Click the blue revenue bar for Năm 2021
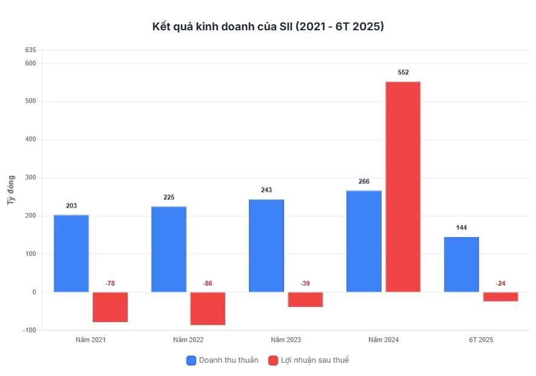pyautogui.click(x=71, y=253)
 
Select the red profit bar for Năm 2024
pyautogui.click(x=403, y=186)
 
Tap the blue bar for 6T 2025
pyautogui.click(x=461, y=264)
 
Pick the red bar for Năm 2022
pyautogui.click(x=208, y=308)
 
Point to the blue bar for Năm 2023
pyautogui.click(x=266, y=245)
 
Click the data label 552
pyautogui.click(x=403, y=73)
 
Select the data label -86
pyautogui.click(x=208, y=283)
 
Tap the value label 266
pyautogui.click(x=364, y=182)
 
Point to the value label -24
pyautogui.click(x=500, y=283)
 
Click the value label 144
pyautogui.click(x=462, y=228)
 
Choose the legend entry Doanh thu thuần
pyautogui.click(x=222, y=360)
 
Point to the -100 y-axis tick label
pyautogui.click(x=28, y=330)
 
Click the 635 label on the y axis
pyautogui.click(x=30, y=50)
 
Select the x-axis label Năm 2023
pyautogui.click(x=286, y=340)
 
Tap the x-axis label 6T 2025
pyautogui.click(x=481, y=340)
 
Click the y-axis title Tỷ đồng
pyautogui.click(x=11, y=190)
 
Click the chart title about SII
pyautogui.click(x=268, y=27)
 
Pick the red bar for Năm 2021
pyautogui.click(x=110, y=306)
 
